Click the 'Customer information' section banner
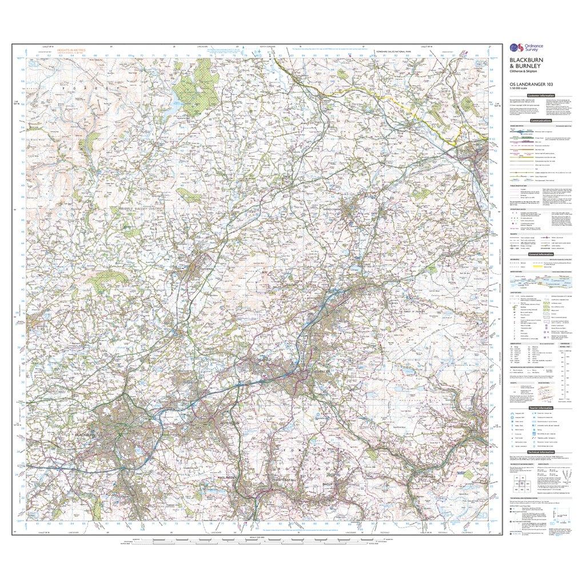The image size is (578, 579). coord(540,96)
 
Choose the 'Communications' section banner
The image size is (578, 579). coord(540,121)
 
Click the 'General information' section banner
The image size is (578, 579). coord(540,255)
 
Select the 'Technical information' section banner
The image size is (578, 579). coord(540,451)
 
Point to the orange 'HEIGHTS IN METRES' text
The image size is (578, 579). coord(71,50)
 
